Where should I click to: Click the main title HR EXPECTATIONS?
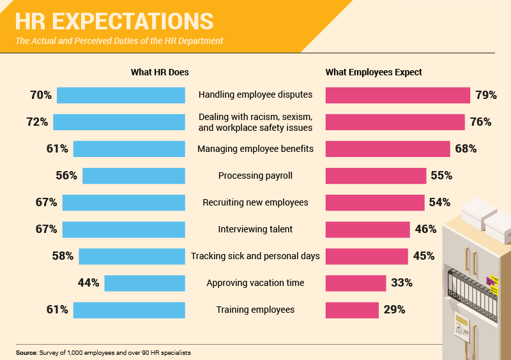[114, 20]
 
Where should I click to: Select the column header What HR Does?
[160, 72]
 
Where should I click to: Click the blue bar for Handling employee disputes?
[121, 95]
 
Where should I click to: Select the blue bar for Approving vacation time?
[144, 283]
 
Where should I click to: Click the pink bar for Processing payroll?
[376, 176]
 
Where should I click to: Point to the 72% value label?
[36, 122]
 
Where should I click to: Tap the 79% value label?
[486, 95]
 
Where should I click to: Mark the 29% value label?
[394, 310]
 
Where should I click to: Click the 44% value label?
[88, 283]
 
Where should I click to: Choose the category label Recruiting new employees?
[256, 202]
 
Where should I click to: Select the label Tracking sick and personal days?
[256, 256]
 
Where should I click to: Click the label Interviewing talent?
[256, 229]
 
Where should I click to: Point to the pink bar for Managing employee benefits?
[388, 149]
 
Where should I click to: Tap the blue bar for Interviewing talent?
[123, 229]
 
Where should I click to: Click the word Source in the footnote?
[26, 352]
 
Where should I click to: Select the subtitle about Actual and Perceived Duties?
[119, 41]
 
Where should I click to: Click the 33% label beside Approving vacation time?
[402, 283]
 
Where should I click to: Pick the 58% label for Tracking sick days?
[63, 256]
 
